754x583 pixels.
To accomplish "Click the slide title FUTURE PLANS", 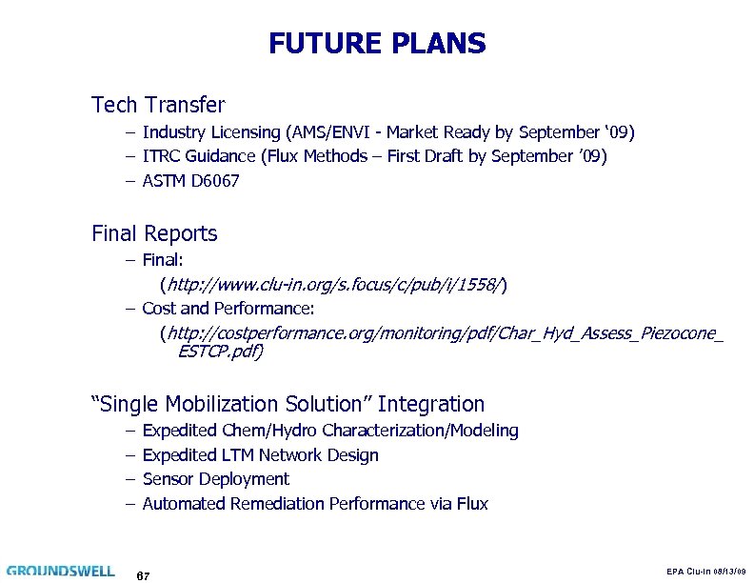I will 377,44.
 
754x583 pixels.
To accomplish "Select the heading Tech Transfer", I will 157,103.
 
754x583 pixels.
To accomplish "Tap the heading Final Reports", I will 154,233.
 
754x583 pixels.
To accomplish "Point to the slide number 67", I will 144,575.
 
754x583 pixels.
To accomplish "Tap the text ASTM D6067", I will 190,180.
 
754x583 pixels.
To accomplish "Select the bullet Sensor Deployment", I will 215,479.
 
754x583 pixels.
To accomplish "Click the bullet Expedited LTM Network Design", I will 260,455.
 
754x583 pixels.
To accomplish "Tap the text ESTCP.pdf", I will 219,352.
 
